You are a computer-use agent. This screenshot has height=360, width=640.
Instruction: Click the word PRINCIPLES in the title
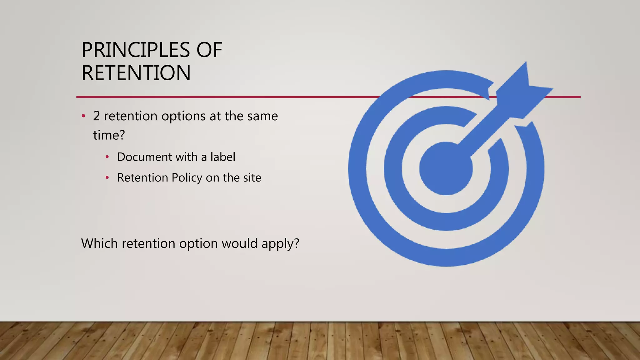coord(136,50)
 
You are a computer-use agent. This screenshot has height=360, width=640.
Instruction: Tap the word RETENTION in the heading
coord(136,73)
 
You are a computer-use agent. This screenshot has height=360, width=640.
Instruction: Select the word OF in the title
coord(209,50)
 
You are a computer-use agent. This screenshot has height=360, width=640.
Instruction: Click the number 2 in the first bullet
coord(96,116)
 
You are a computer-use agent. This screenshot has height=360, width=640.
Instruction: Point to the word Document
coord(144,157)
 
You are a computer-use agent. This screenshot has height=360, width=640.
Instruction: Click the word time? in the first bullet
coord(109,135)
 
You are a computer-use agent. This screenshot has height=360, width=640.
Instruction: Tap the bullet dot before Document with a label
coord(107,157)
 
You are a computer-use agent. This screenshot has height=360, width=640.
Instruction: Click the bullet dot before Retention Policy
coord(107,178)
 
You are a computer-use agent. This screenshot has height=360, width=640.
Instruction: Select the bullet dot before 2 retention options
coord(83,116)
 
